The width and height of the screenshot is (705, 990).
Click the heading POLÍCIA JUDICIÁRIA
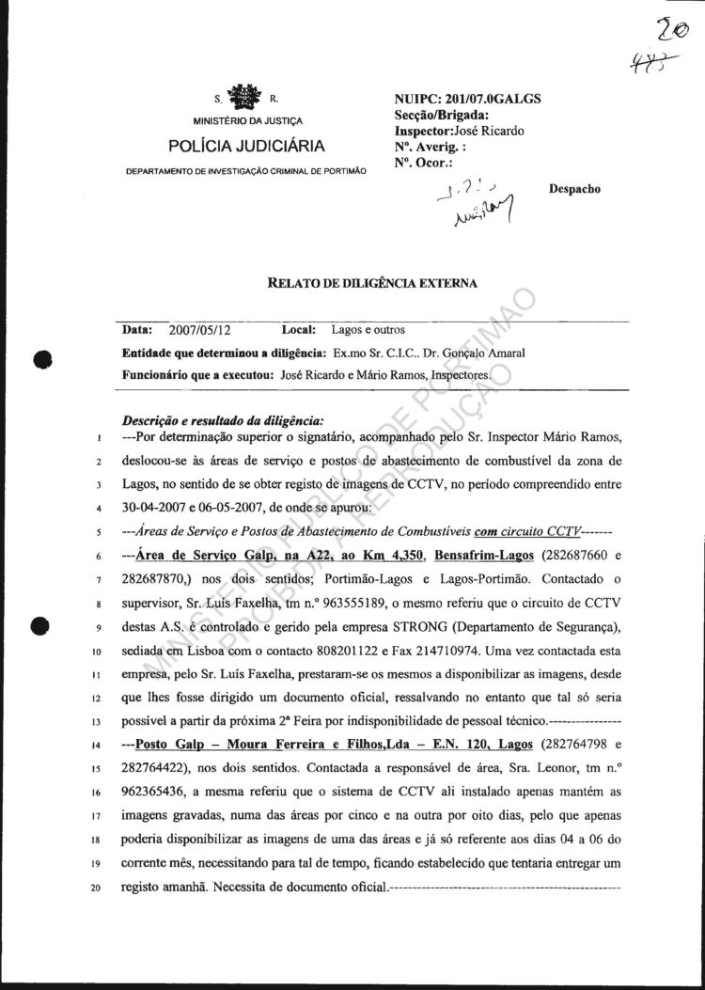click(247, 146)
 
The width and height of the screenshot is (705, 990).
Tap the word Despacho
click(574, 188)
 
